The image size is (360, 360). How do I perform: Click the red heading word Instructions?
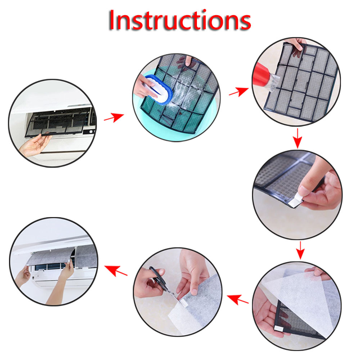[x=180, y=20]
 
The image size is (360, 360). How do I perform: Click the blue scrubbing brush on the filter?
[x=159, y=89]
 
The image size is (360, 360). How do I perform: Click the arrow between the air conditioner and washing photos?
[x=114, y=117]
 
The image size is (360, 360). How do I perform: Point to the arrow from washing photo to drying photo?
[x=238, y=92]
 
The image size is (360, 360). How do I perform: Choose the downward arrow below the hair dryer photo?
[x=298, y=138]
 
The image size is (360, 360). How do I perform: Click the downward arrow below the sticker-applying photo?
[x=300, y=250]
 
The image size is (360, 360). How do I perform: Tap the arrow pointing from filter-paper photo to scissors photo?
[x=237, y=299]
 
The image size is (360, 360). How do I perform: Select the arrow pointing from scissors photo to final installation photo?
[x=116, y=270]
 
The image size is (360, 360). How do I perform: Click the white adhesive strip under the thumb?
[x=295, y=200]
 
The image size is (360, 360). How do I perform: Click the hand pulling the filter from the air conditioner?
[x=34, y=144]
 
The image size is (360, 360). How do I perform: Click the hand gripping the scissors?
[x=149, y=282]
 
